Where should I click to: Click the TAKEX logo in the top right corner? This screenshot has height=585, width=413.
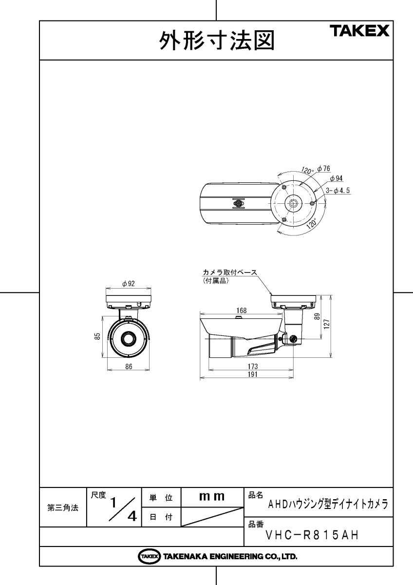[x=360, y=32]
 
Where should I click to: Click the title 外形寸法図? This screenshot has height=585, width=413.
[x=217, y=41]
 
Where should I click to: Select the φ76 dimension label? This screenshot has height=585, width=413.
[x=323, y=169]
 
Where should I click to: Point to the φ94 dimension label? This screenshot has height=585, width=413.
[x=336, y=179]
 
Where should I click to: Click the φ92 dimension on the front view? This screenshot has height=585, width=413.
[x=129, y=284]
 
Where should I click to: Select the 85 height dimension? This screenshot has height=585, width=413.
[x=97, y=336]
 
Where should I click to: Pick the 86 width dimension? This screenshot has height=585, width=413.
[x=129, y=367]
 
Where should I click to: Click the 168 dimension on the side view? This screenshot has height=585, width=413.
[x=241, y=311]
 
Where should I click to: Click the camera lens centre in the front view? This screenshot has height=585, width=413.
[x=129, y=338]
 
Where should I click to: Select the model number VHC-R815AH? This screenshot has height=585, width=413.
[x=312, y=535]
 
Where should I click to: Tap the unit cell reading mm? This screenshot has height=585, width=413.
[x=212, y=497]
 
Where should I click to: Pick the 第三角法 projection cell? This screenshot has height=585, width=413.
[x=63, y=507]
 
